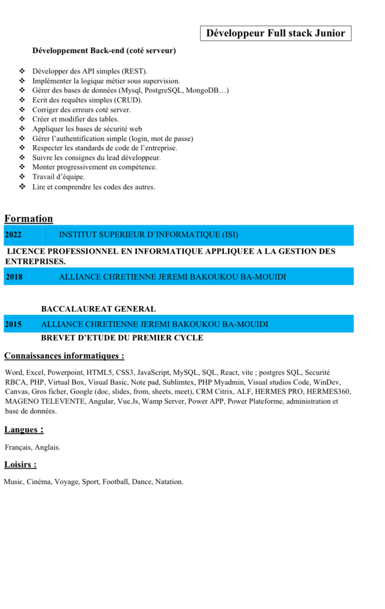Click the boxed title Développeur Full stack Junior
(x=276, y=33)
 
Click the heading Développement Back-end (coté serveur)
(x=104, y=51)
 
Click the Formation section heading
(x=28, y=218)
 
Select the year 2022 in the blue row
(x=13, y=235)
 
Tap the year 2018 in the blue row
(x=14, y=277)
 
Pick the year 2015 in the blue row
(x=13, y=324)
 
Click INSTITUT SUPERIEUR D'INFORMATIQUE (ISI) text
(x=148, y=235)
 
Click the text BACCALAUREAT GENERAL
(x=98, y=309)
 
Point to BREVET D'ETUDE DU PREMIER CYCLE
(x=122, y=338)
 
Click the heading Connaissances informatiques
(x=64, y=356)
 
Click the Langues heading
(x=24, y=430)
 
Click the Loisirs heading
(x=20, y=464)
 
